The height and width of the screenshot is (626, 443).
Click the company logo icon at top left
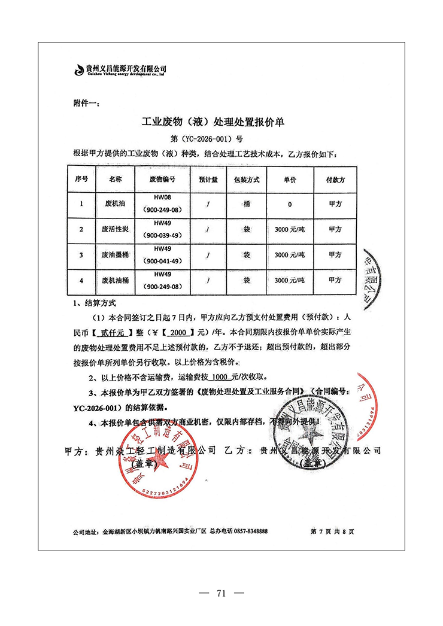[x=78, y=70]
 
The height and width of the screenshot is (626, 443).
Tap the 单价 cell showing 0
[x=290, y=204]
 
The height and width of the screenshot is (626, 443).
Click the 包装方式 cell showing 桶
[x=246, y=204]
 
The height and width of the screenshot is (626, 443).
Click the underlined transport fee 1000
[x=221, y=378]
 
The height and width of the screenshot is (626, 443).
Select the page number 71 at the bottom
[x=221, y=594]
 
